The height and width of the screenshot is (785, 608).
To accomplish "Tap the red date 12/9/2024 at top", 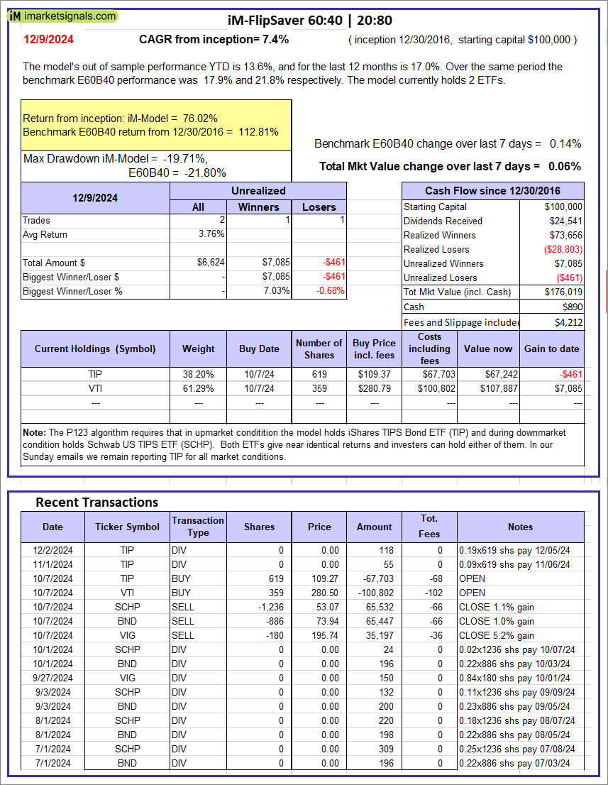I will pos(43,40).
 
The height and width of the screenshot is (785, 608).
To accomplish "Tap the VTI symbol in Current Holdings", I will pos(95,388).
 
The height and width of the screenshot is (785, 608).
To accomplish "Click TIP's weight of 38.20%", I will pos(198,374).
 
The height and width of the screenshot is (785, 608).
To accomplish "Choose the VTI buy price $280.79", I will pos(374,388).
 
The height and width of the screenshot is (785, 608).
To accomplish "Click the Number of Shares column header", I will pos(319,348).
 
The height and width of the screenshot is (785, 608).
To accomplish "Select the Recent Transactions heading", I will pos(97,502).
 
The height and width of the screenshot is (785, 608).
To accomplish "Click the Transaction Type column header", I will pos(198,527).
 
